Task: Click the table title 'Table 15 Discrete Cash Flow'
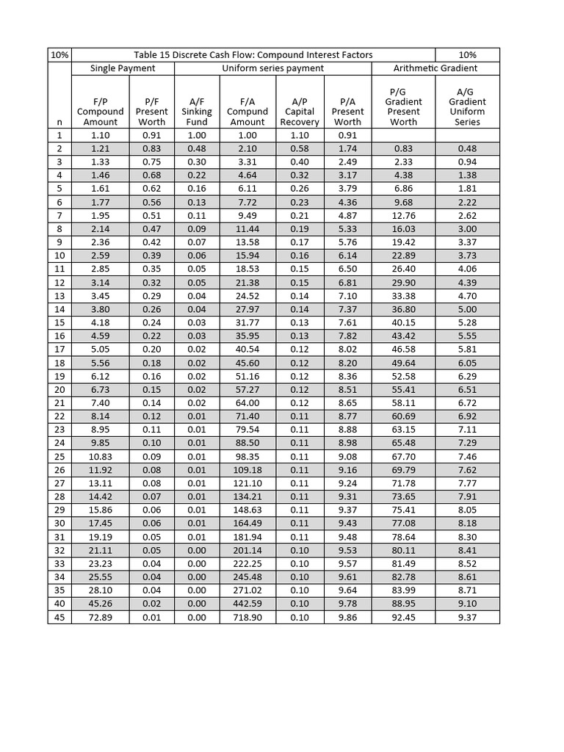coord(253,55)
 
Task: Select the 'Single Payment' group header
coord(123,68)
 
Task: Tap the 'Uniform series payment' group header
coord(273,68)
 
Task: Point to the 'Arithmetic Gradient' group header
coord(435,68)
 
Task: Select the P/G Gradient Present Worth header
coord(403,106)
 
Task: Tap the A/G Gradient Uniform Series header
coord(467,106)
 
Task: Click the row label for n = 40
coord(59,604)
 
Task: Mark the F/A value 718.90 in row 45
coord(247,618)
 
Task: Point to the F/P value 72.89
coord(101,618)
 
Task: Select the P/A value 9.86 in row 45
coord(347,618)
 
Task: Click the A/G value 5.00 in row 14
coord(467,310)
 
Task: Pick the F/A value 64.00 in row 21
coord(247,404)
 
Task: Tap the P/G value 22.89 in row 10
coord(403,256)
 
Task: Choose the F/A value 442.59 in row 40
coord(247,604)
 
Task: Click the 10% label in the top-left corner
coord(59,55)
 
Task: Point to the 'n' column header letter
coord(59,123)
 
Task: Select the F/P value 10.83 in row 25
coord(101,456)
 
